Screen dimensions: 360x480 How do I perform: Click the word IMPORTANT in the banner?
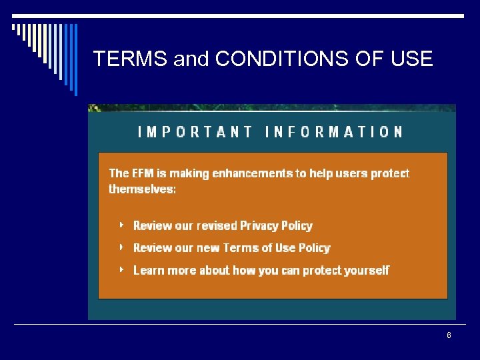click(195, 132)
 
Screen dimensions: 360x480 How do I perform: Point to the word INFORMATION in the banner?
click(334, 132)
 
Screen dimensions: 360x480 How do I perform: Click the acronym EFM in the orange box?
click(142, 173)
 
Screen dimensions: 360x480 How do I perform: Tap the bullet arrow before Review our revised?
click(121, 225)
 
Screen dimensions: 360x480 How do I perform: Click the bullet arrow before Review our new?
click(121, 247)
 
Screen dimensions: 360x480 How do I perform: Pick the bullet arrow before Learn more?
click(121, 269)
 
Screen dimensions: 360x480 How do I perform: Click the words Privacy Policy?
click(276, 226)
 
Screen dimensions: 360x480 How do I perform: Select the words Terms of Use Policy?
click(277, 248)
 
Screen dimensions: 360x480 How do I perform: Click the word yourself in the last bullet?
click(366, 270)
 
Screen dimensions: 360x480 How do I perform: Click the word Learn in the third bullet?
click(147, 270)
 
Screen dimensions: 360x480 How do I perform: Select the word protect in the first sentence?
click(390, 173)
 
